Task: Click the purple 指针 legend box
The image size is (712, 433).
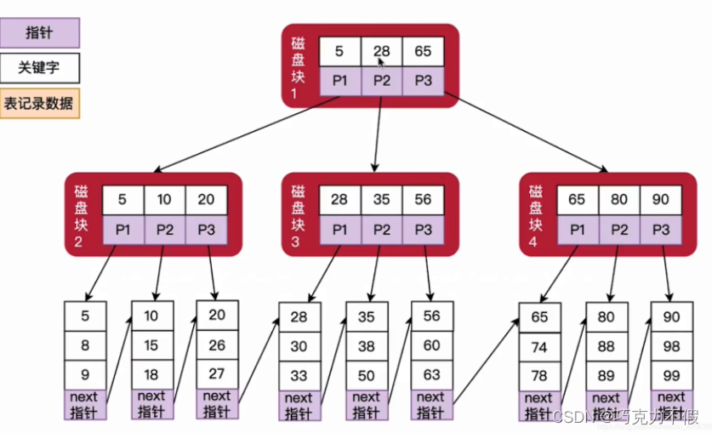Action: pos(41,33)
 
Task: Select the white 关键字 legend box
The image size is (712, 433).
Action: pos(41,67)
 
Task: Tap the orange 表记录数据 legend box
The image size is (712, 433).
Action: pos(41,104)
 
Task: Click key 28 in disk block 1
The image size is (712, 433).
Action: pos(381,51)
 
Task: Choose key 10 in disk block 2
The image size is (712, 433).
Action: pos(164,201)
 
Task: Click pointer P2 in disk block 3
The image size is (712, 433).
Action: pos(381,230)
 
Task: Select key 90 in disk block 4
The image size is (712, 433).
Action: pos(660,201)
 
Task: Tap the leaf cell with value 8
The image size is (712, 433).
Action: pos(85,346)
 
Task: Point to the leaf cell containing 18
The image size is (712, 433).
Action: pos(152,375)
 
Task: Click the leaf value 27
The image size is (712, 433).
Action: pos(217,373)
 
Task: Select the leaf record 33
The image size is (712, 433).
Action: pos(299,375)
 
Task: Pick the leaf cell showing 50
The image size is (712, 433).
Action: pos(366,375)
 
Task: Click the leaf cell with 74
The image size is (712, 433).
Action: pos(540,347)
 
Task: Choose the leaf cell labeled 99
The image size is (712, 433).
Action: pos(671,375)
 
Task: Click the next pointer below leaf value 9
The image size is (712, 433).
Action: pos(85,404)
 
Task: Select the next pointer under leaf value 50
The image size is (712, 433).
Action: pos(366,404)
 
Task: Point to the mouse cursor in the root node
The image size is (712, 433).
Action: pos(383,61)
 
